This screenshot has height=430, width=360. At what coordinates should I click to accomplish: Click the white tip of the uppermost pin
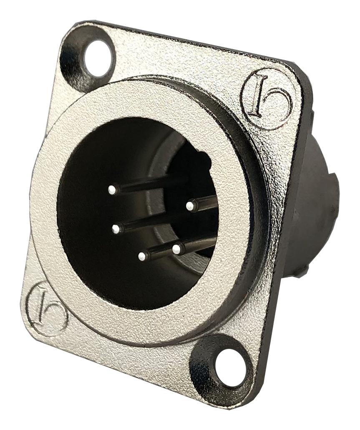pos(111,190)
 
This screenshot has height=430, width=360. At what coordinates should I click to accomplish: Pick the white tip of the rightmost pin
pos(190,205)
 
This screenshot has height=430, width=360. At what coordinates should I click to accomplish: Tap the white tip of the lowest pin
pos(143,255)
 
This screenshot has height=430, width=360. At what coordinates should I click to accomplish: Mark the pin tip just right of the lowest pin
pos(176,249)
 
